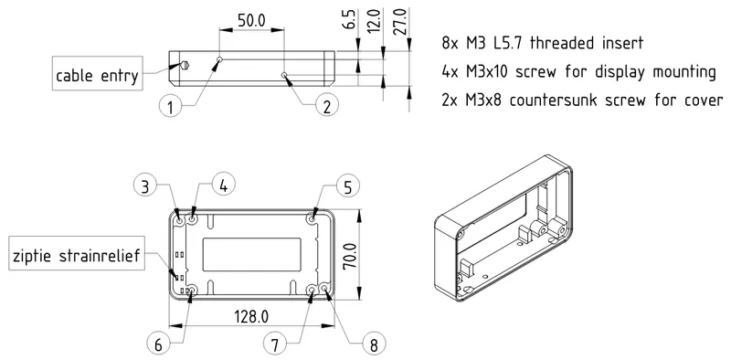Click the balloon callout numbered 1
tap(169, 107)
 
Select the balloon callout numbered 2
tap(324, 107)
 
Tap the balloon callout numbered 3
tap(145, 186)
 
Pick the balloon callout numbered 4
tap(224, 184)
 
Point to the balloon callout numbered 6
tap(157, 344)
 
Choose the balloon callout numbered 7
tap(275, 344)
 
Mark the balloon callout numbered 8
tap(372, 344)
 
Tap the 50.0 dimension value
tap(251, 19)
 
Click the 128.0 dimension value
tap(250, 316)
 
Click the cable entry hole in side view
tap(184, 66)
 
